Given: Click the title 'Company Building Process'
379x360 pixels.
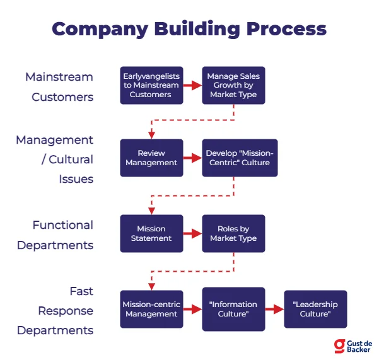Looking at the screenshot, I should (x=189, y=29).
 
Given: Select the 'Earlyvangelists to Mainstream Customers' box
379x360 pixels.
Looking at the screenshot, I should (x=151, y=86).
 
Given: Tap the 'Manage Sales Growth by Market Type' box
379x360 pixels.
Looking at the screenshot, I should (x=233, y=86).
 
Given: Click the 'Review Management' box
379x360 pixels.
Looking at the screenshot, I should (x=151, y=158).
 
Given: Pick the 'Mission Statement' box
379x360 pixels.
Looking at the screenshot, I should (x=151, y=234).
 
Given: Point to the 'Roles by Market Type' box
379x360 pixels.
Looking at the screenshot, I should (x=233, y=234).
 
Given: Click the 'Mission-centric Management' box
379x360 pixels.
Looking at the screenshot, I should (x=151, y=310).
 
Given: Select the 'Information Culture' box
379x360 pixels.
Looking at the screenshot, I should (x=233, y=310).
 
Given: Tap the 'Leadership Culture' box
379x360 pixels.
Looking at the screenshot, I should (x=315, y=310).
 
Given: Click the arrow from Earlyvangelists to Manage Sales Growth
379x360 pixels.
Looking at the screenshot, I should (x=192, y=86).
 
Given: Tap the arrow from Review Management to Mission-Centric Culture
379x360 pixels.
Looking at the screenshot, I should (x=192, y=158).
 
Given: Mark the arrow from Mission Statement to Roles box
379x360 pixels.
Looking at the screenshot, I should (x=192, y=234).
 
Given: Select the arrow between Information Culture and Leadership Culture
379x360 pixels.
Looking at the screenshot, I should (x=274, y=310).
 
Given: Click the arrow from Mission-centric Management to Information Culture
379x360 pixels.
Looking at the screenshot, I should (x=192, y=310).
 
